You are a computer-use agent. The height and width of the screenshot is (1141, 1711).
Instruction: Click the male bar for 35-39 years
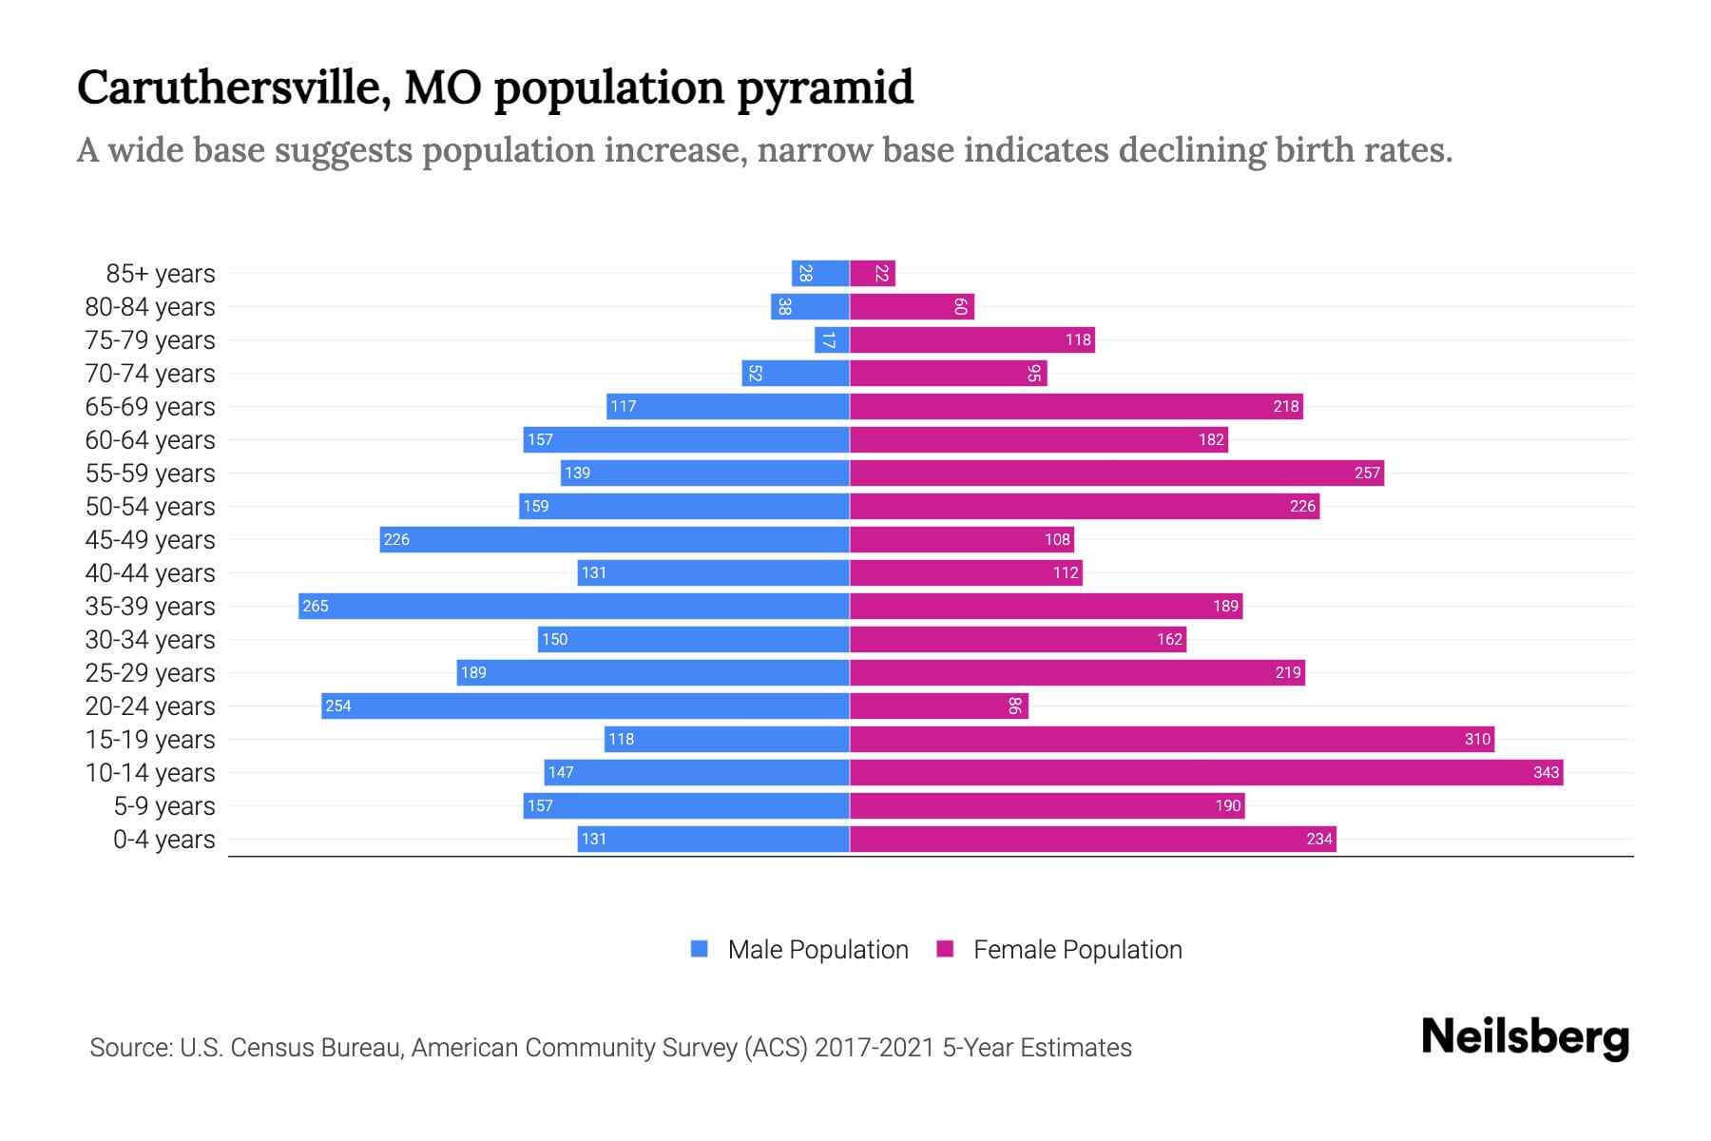574,606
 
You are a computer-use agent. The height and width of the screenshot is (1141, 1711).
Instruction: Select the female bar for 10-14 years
1205,772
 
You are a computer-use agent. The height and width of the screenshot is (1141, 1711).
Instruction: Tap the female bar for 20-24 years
938,706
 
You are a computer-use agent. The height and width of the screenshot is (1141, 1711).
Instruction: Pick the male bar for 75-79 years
832,339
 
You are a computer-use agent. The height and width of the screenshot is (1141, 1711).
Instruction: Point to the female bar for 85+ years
873,273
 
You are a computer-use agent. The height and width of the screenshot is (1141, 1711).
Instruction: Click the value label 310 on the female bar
1476,739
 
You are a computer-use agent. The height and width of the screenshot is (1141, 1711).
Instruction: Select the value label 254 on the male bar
338,706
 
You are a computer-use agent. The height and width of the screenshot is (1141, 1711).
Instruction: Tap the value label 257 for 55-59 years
1366,473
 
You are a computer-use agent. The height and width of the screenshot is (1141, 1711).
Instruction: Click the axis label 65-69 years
150,406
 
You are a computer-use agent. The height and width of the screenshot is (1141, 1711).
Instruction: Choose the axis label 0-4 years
163,839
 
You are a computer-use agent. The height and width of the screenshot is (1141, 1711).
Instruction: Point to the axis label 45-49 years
150,539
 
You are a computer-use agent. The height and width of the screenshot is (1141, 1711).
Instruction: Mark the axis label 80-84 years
150,306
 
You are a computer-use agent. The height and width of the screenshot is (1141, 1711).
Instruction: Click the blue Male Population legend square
700,949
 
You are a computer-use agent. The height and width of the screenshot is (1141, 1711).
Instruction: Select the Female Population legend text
1077,949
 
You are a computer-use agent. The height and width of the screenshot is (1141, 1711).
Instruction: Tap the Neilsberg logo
1524,1037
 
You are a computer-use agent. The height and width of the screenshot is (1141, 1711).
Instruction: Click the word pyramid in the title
824,87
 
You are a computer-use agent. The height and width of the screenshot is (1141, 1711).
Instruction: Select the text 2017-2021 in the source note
874,1047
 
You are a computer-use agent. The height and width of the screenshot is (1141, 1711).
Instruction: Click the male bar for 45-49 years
614,539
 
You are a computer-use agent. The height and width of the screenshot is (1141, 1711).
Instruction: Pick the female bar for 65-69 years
1076,406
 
